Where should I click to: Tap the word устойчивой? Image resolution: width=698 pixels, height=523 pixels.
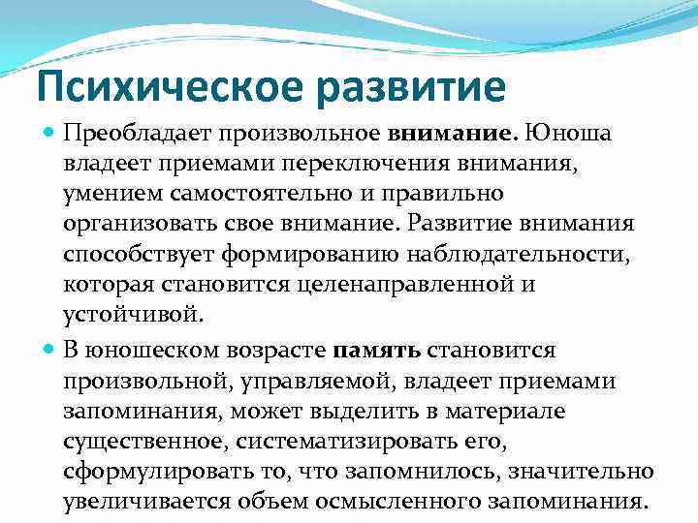tap(133, 318)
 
